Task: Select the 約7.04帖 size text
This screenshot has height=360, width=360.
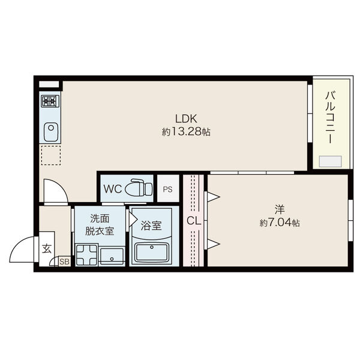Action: point(280,223)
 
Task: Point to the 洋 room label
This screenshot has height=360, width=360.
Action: point(280,209)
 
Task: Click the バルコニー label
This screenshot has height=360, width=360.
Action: point(330,116)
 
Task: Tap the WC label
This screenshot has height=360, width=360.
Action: point(113,188)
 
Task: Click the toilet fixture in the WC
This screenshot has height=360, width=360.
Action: point(139,188)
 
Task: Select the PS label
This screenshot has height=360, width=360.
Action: point(167,189)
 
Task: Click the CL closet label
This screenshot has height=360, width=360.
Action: point(193,221)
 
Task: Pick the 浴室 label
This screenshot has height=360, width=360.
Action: point(151,226)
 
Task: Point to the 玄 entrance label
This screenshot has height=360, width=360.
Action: point(47,248)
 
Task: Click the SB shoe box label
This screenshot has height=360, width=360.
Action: point(64,262)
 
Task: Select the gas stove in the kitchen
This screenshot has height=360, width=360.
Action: point(50,101)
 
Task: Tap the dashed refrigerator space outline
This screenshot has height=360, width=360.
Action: point(50,155)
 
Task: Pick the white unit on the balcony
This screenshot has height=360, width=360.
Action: point(331,161)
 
